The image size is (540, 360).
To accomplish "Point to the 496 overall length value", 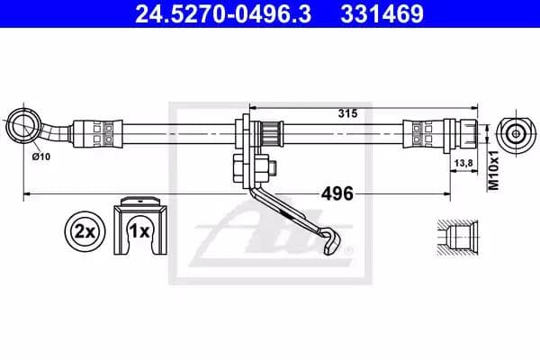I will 335,193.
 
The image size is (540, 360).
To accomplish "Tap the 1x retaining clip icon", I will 139,227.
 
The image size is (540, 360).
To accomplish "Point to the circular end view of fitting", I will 515,133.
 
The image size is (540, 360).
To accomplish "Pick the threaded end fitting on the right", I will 465,133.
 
